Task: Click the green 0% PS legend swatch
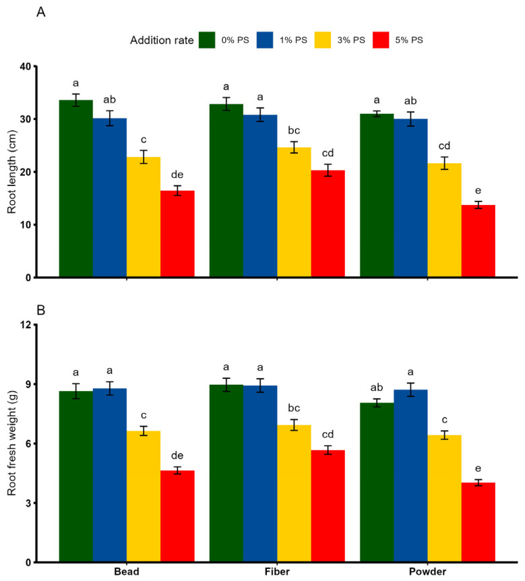[207, 40]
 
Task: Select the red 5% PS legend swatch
[381, 40]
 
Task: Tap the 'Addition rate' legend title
[162, 40]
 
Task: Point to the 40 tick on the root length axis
[26, 66]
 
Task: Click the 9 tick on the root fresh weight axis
[28, 384]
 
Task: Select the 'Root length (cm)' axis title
[12, 172]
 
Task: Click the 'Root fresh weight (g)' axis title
[12, 443]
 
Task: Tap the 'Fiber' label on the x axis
[277, 572]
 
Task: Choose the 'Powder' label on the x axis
[427, 572]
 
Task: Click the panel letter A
[40, 12]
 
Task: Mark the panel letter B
[40, 310]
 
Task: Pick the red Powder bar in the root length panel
[478, 241]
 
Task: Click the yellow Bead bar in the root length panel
[144, 217]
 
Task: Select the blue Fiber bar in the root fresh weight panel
[260, 474]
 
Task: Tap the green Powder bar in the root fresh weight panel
[377, 483]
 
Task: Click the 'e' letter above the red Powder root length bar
[478, 191]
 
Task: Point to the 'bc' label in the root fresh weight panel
[295, 408]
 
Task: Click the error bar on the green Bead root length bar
[76, 100]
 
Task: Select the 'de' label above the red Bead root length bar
[177, 175]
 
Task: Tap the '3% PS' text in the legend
[351, 40]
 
